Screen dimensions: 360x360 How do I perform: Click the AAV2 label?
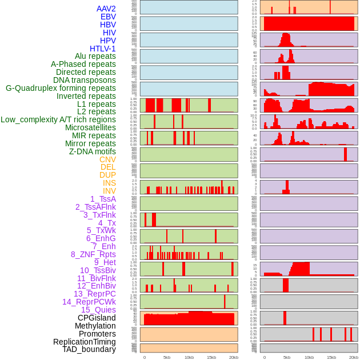[x=106, y=9]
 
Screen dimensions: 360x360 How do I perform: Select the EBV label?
[x=108, y=17]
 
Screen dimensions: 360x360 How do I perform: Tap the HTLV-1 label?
[x=102, y=49]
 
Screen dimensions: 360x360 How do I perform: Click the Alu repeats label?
[x=95, y=56]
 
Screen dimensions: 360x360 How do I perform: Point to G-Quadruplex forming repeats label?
[x=61, y=88]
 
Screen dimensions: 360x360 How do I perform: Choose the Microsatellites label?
[x=90, y=127]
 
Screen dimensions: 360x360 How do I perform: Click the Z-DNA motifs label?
[x=92, y=151]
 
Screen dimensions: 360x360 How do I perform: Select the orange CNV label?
[x=107, y=159]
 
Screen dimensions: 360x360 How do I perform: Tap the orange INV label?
[x=109, y=191]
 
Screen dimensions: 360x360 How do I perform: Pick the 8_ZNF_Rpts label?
[x=93, y=254]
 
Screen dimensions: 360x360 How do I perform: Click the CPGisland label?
[x=97, y=318]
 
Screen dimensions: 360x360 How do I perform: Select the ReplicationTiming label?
[x=84, y=342]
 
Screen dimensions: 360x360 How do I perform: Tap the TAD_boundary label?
[x=89, y=349]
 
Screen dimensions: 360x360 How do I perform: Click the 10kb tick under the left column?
[x=189, y=357]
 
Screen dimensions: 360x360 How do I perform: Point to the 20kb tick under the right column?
[x=354, y=357]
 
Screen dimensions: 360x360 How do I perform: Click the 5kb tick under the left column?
[x=167, y=357]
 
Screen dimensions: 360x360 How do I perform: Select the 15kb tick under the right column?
[x=331, y=357]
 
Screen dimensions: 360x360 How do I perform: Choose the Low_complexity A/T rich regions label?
[x=58, y=119]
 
